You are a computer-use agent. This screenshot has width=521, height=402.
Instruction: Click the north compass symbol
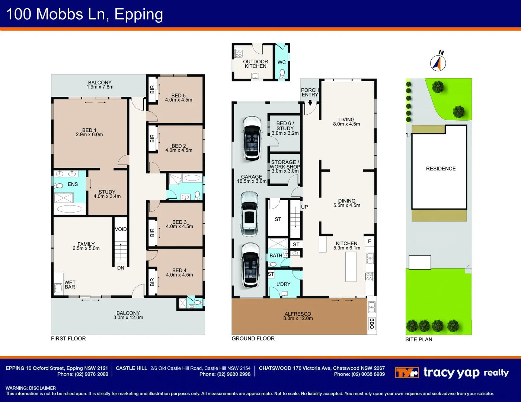pyautogui.click(x=438, y=63)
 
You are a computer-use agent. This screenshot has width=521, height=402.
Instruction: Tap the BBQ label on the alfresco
pyautogui.click(x=371, y=323)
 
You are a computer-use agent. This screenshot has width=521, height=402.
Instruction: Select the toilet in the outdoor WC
pyautogui.click(x=282, y=73)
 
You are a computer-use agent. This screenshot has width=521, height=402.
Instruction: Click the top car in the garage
pyautogui.click(x=252, y=138)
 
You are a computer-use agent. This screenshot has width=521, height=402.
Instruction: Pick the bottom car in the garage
pyautogui.click(x=250, y=265)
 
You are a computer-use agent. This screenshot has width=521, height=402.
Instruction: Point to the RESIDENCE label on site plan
pyautogui.click(x=441, y=169)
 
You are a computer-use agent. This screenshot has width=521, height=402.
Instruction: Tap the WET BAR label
pyautogui.click(x=70, y=285)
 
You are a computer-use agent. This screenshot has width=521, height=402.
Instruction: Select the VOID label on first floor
pyautogui.click(x=121, y=229)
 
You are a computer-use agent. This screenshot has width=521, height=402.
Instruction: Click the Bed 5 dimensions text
pyautogui.click(x=179, y=100)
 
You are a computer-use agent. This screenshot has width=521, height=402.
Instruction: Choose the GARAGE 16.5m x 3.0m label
pyautogui.click(x=252, y=179)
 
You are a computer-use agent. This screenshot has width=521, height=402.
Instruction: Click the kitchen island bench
pyautogui.click(x=351, y=267)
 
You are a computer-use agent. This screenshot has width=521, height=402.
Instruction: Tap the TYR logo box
pyautogui.click(x=407, y=372)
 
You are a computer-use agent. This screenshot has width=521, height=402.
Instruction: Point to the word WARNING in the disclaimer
pyautogui.click(x=16, y=388)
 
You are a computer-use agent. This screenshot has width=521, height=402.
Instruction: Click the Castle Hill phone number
pyautogui.click(x=225, y=374)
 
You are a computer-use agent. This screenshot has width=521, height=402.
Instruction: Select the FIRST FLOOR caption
pyautogui.click(x=68, y=338)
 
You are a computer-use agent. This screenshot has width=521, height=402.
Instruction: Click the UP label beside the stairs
pyautogui.click(x=304, y=207)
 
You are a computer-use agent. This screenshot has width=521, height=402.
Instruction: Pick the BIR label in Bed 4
pyautogui.click(x=152, y=282)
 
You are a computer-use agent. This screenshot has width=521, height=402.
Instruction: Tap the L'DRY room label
pyautogui.click(x=283, y=284)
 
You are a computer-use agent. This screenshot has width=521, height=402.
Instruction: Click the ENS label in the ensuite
pyautogui.click(x=73, y=184)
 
